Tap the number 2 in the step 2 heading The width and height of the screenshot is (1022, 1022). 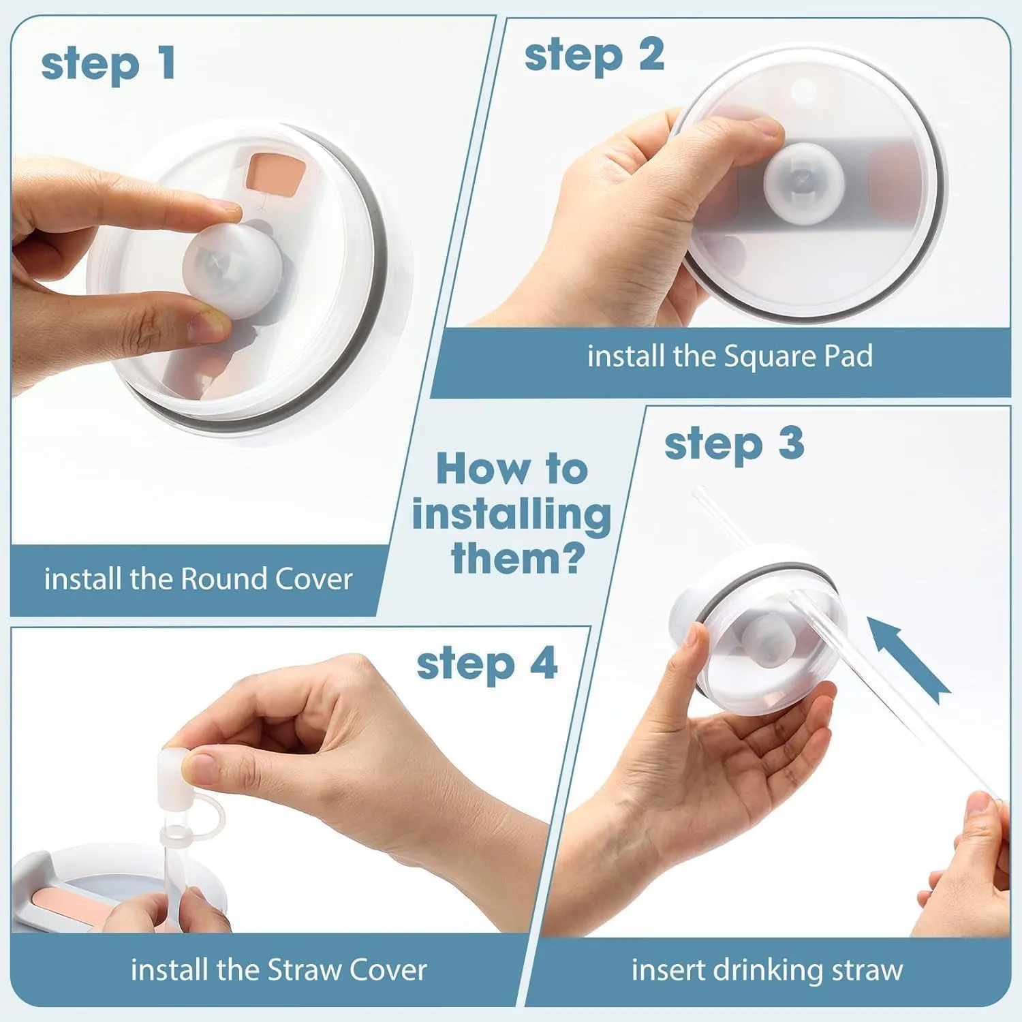651,55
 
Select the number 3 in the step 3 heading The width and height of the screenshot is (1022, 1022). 791,444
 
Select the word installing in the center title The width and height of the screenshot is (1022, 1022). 511,514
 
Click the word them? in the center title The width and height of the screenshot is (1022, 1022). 518,559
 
